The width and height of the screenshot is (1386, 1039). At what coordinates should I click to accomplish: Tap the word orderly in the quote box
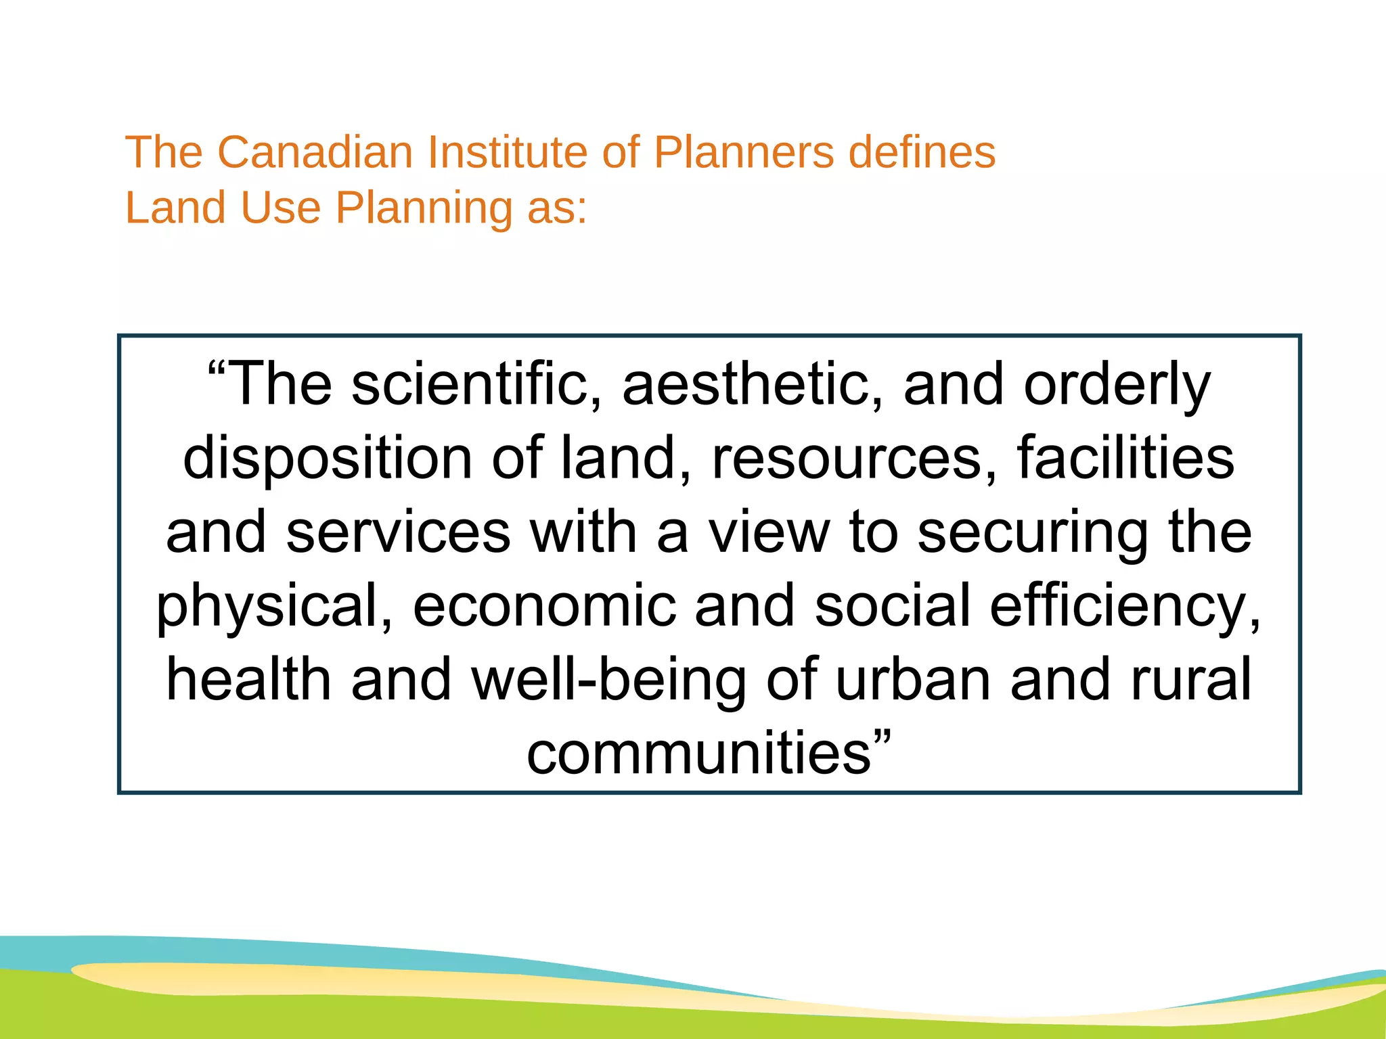pyautogui.click(x=1117, y=386)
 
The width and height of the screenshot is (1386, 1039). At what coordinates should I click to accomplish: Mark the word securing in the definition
pyautogui.click(x=1033, y=533)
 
